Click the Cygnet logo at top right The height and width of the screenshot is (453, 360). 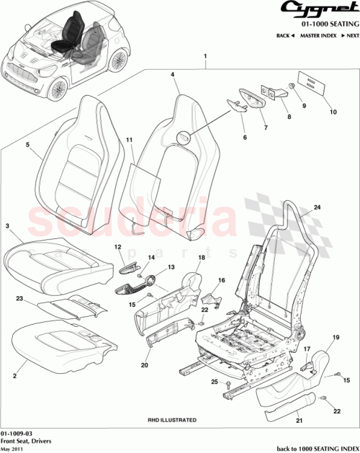315,10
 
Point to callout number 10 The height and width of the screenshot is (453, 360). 333,112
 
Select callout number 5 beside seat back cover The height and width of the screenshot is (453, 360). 27,144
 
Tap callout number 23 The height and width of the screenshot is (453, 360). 21,297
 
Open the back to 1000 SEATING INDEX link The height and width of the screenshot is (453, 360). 316,447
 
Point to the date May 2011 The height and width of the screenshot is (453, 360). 12,447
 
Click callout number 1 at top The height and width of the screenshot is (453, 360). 205,55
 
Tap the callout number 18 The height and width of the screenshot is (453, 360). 202,257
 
